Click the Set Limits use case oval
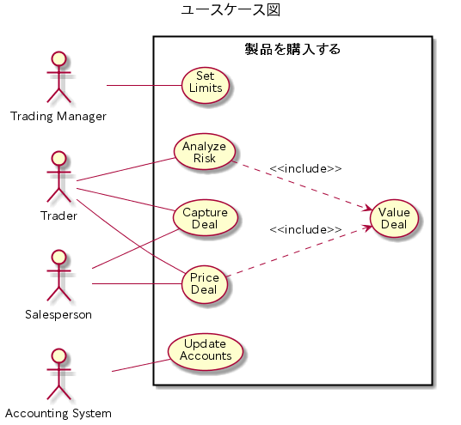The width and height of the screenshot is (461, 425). (x=206, y=85)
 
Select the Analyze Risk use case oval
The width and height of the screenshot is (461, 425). (x=205, y=152)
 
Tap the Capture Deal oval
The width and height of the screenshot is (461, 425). (x=206, y=218)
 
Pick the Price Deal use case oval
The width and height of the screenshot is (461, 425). (x=205, y=284)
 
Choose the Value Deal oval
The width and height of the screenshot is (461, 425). (x=394, y=218)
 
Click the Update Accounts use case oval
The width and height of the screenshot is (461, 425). (x=206, y=351)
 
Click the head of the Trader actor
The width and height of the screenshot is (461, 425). (x=58, y=158)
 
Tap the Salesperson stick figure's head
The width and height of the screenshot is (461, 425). (x=58, y=257)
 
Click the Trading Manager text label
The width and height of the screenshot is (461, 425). (x=58, y=117)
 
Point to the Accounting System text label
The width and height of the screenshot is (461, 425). (x=58, y=413)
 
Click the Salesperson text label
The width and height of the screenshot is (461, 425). (x=58, y=314)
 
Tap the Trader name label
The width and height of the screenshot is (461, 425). (x=58, y=216)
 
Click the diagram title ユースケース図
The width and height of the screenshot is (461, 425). (x=230, y=9)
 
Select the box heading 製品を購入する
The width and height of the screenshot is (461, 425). (x=292, y=49)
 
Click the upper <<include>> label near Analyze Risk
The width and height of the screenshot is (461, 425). (x=306, y=169)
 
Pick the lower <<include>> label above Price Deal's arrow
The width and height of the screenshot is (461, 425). (x=306, y=229)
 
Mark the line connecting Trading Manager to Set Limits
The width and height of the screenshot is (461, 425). (x=144, y=85)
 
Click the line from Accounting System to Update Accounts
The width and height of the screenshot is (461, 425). (x=141, y=365)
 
